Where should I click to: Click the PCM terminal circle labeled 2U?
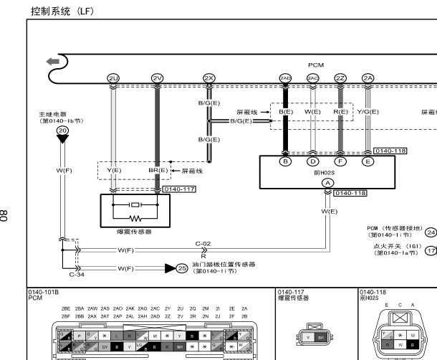(x=113, y=77)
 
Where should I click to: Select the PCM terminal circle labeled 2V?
(x=158, y=77)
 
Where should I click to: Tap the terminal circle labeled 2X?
(x=209, y=77)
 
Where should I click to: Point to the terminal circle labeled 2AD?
(x=285, y=77)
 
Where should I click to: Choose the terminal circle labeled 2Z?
(x=340, y=77)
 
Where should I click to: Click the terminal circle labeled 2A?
(x=368, y=77)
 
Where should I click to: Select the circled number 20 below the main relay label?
(x=63, y=130)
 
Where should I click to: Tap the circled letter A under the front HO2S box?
(x=327, y=183)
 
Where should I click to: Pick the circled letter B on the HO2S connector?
(x=285, y=161)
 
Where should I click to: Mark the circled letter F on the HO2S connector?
(x=340, y=161)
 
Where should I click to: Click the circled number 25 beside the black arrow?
(x=181, y=268)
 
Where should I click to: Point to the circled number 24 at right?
(x=431, y=231)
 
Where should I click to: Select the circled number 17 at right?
(x=431, y=250)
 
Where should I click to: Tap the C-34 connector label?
(x=77, y=274)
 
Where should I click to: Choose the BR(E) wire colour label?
(x=158, y=171)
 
